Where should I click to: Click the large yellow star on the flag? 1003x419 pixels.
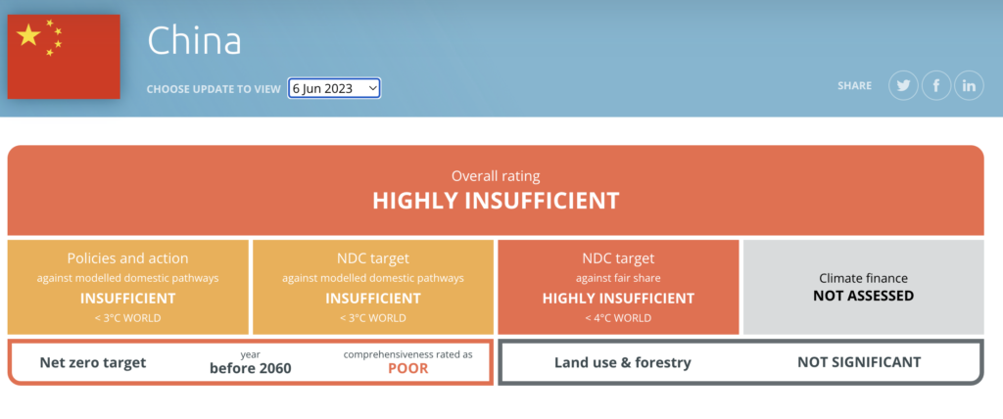(x=28, y=35)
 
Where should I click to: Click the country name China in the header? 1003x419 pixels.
(x=195, y=41)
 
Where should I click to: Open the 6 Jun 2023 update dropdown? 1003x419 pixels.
(x=334, y=88)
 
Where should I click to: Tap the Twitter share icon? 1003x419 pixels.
(x=903, y=86)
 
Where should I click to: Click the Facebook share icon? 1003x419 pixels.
(x=936, y=86)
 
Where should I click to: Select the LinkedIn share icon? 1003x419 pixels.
(x=969, y=86)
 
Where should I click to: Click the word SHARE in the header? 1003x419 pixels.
(x=854, y=86)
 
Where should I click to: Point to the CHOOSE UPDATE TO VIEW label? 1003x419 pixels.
(x=214, y=89)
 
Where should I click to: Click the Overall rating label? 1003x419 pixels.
(x=496, y=176)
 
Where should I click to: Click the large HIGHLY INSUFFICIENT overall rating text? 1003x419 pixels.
(x=496, y=201)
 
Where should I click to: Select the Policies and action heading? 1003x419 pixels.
(x=128, y=258)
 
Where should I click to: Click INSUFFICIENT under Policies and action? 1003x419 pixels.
(x=128, y=299)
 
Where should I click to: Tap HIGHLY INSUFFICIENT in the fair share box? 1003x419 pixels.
(x=619, y=299)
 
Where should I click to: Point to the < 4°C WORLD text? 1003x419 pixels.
(x=619, y=318)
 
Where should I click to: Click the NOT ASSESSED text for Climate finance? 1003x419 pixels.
(x=864, y=296)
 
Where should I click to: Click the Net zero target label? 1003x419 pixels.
(x=93, y=362)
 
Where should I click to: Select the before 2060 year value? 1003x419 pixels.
(x=250, y=368)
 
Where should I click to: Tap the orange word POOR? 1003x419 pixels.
(x=408, y=368)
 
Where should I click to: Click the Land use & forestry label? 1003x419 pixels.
(x=622, y=362)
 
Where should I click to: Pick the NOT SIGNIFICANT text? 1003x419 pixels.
(x=859, y=362)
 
